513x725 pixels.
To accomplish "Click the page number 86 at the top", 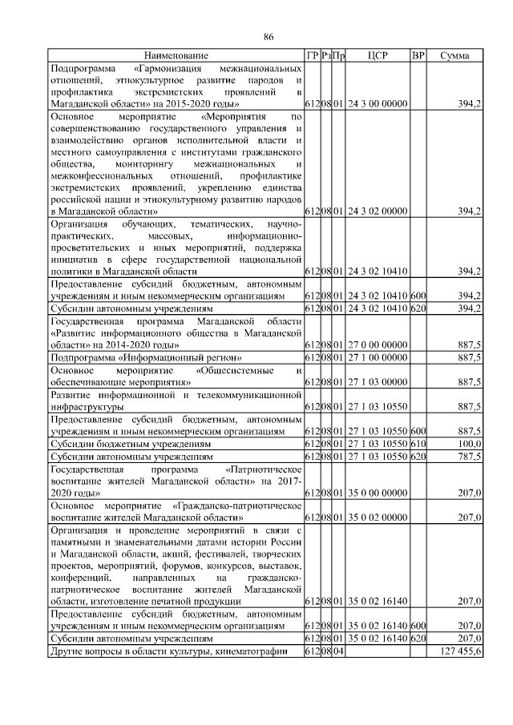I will [269, 36].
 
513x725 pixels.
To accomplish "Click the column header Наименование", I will [176, 55].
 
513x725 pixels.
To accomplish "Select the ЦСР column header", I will [378, 55].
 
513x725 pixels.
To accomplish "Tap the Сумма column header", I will [454, 55].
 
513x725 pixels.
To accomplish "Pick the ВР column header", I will [418, 55].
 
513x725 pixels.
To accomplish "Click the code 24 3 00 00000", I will [378, 104].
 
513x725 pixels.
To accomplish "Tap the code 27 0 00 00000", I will [378, 344].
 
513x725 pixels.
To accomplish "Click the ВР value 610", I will [418, 442].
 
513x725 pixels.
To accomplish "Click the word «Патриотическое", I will [263, 469].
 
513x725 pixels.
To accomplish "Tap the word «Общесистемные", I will [236, 370].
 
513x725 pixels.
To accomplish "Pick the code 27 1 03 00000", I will [378, 383].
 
